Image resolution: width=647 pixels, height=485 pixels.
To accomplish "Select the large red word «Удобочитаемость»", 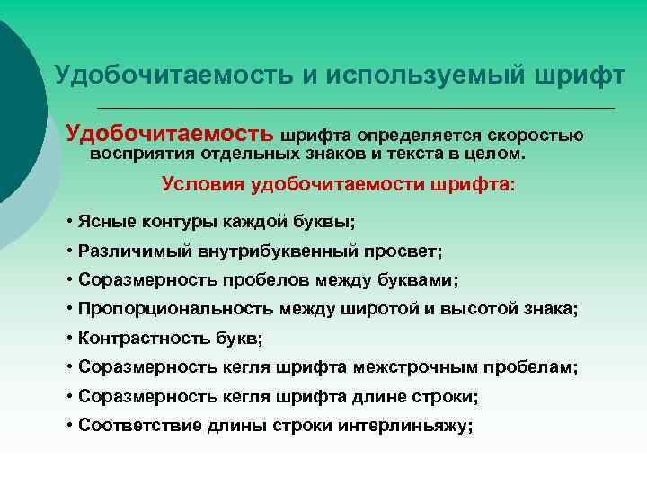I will (171, 135).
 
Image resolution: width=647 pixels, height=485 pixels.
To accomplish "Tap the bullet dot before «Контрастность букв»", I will (70, 339).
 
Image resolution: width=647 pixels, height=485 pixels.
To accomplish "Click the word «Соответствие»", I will (137, 426).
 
